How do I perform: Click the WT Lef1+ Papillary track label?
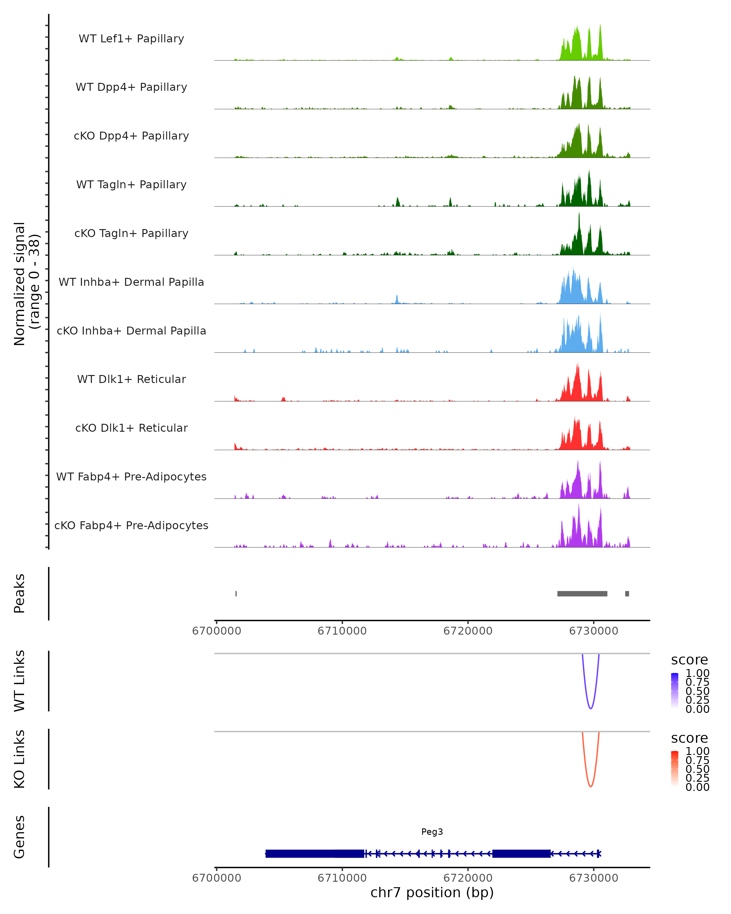click(131, 39)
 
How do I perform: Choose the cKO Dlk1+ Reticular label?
click(131, 428)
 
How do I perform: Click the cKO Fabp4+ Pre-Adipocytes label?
click(131, 525)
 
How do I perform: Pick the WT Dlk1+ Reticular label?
click(131, 379)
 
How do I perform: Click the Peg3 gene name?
click(432, 832)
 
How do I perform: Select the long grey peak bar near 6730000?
click(582, 593)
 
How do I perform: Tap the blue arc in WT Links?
click(590, 708)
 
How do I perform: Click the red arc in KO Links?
click(590, 786)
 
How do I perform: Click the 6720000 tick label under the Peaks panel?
click(468, 631)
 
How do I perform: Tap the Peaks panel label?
click(19, 593)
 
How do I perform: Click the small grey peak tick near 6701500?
click(236, 593)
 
